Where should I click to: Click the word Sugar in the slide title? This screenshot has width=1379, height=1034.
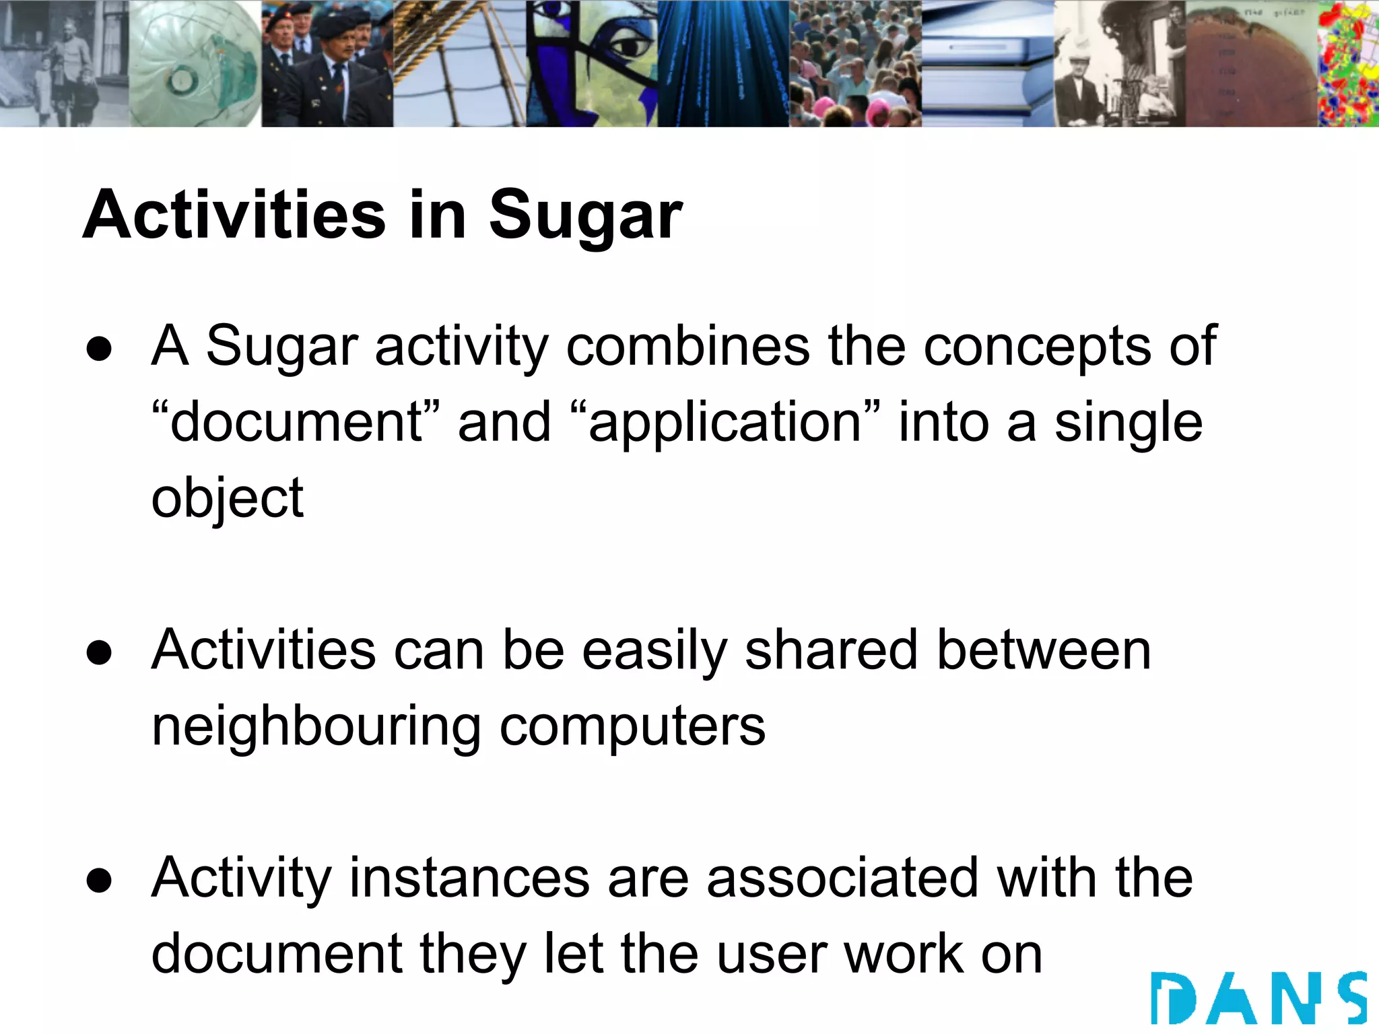(x=585, y=215)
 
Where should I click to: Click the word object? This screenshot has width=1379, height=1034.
(x=228, y=498)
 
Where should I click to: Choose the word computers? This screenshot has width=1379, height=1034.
(x=632, y=727)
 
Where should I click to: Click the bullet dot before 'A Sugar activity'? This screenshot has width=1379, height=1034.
(x=99, y=349)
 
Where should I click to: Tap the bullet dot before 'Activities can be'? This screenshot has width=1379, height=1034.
(x=99, y=653)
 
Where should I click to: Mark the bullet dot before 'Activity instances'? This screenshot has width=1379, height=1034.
(x=99, y=881)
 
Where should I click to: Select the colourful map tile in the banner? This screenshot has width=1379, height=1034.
(x=1348, y=64)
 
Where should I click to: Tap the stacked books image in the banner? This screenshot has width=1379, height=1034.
(x=987, y=64)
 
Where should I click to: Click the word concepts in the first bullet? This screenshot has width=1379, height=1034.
(x=1037, y=346)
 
